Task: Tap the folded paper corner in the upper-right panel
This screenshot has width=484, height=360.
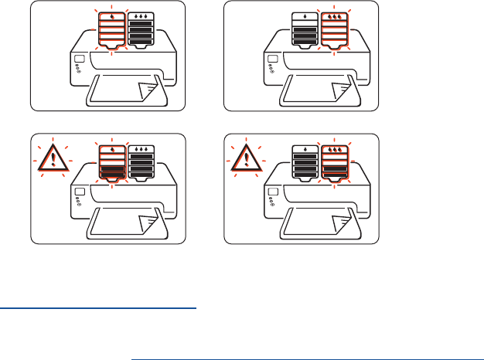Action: point(341,92)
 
